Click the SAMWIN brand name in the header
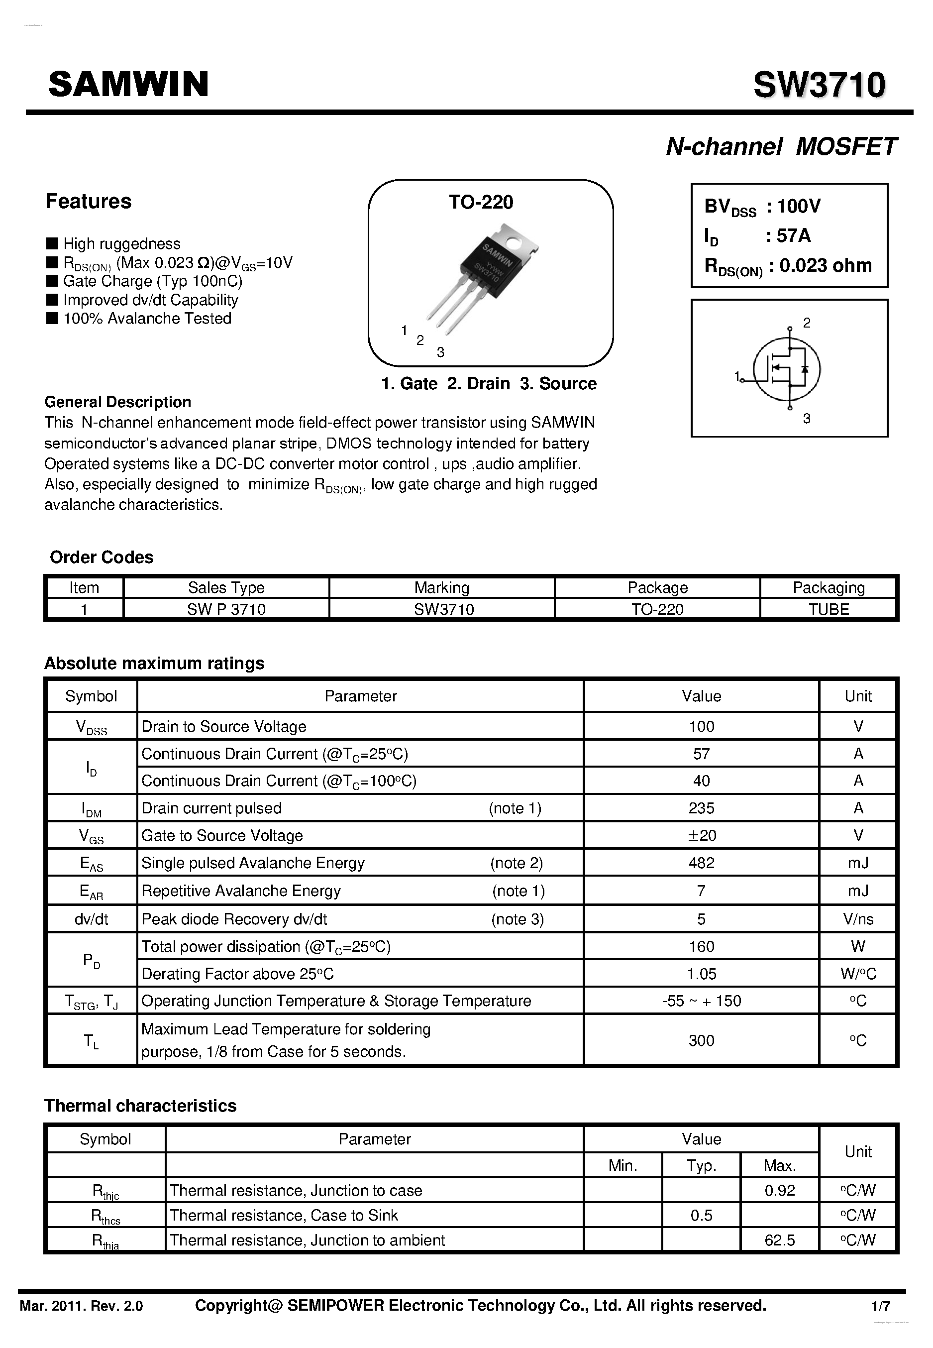tap(128, 84)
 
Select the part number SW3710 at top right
tap(819, 86)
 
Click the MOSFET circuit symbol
tap(786, 369)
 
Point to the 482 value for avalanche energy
tap(701, 863)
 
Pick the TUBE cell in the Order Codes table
tap(829, 609)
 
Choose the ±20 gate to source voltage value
tap(702, 836)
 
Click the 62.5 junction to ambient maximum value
tap(779, 1240)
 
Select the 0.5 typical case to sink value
tap(701, 1216)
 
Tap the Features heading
tap(88, 201)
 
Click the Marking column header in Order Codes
tap(441, 588)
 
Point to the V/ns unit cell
tap(857, 919)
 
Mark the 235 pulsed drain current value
tap(701, 808)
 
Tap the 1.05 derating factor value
tap(701, 974)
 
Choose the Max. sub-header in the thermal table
tap(779, 1165)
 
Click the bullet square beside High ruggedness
tap(52, 243)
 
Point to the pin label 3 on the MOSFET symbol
tap(807, 419)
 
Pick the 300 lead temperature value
tap(701, 1041)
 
